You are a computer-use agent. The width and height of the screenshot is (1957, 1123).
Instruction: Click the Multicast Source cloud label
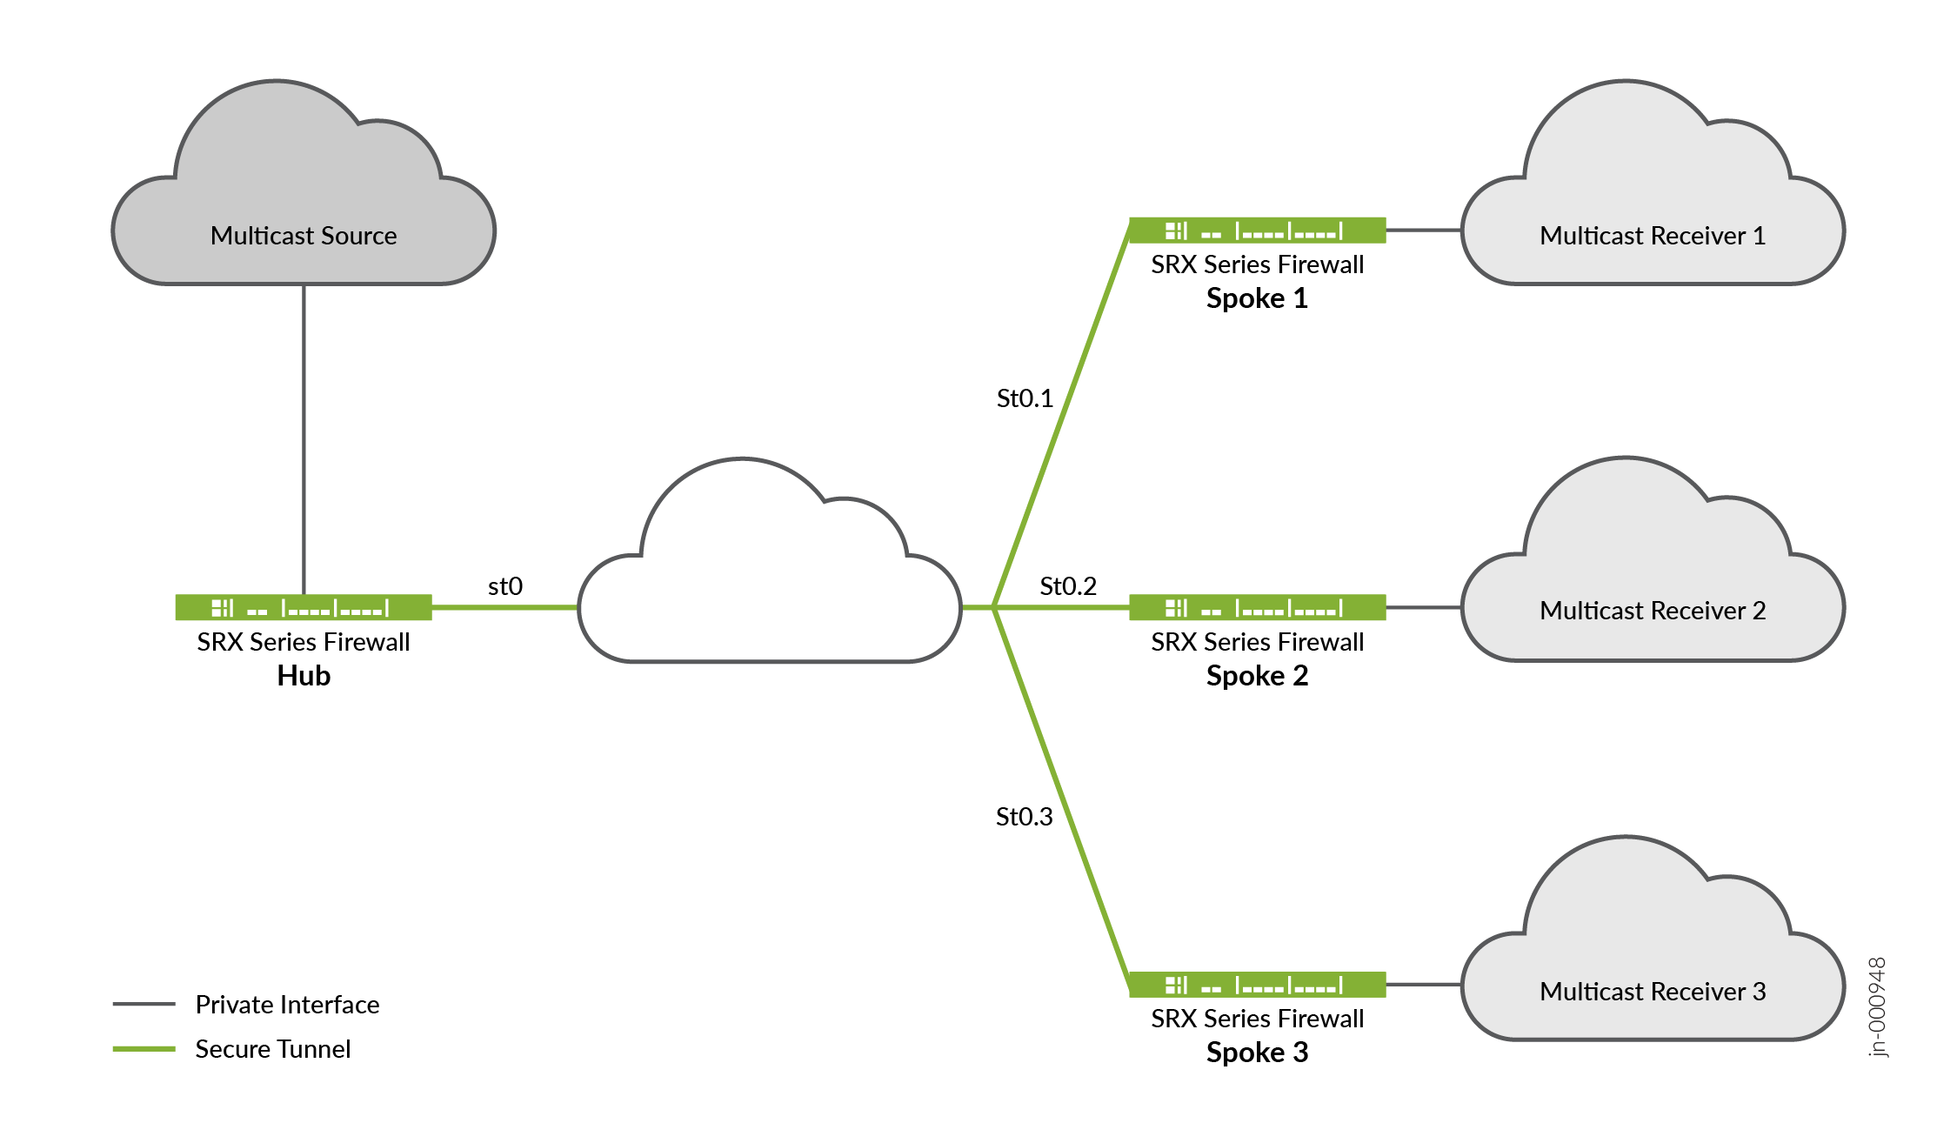click(x=303, y=236)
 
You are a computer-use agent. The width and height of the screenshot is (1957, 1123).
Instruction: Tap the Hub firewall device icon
click(x=303, y=607)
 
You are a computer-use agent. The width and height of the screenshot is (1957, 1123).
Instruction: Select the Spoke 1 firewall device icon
click(x=1257, y=231)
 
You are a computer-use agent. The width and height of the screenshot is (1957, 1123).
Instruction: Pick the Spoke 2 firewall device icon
click(x=1257, y=607)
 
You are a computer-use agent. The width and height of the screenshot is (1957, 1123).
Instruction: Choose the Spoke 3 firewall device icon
click(x=1257, y=985)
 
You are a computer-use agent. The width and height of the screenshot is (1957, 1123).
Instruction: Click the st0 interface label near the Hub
click(x=505, y=586)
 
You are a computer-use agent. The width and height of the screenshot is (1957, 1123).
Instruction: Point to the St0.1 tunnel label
click(x=1025, y=398)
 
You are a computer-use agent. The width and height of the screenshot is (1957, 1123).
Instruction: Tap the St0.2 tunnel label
click(x=1068, y=586)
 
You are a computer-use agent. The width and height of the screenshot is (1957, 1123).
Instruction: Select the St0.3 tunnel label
click(x=1024, y=817)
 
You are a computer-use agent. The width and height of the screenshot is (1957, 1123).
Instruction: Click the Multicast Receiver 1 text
click(x=1652, y=236)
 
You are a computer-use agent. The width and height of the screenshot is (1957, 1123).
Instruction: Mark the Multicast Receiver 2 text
click(x=1652, y=611)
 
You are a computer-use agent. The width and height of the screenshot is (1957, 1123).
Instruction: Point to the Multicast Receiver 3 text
click(x=1652, y=992)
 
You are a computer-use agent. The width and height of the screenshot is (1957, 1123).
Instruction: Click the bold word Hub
click(x=304, y=676)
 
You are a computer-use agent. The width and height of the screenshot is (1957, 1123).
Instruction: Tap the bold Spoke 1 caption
click(x=1257, y=298)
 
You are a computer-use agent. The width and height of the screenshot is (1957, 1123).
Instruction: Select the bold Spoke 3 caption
click(x=1257, y=1053)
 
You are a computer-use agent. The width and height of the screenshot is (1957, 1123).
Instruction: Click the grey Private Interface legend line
click(x=144, y=1004)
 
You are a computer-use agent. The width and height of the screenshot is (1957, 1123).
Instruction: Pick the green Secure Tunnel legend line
click(x=144, y=1049)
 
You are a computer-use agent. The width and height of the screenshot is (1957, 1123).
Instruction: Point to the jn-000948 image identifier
click(x=1878, y=1006)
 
